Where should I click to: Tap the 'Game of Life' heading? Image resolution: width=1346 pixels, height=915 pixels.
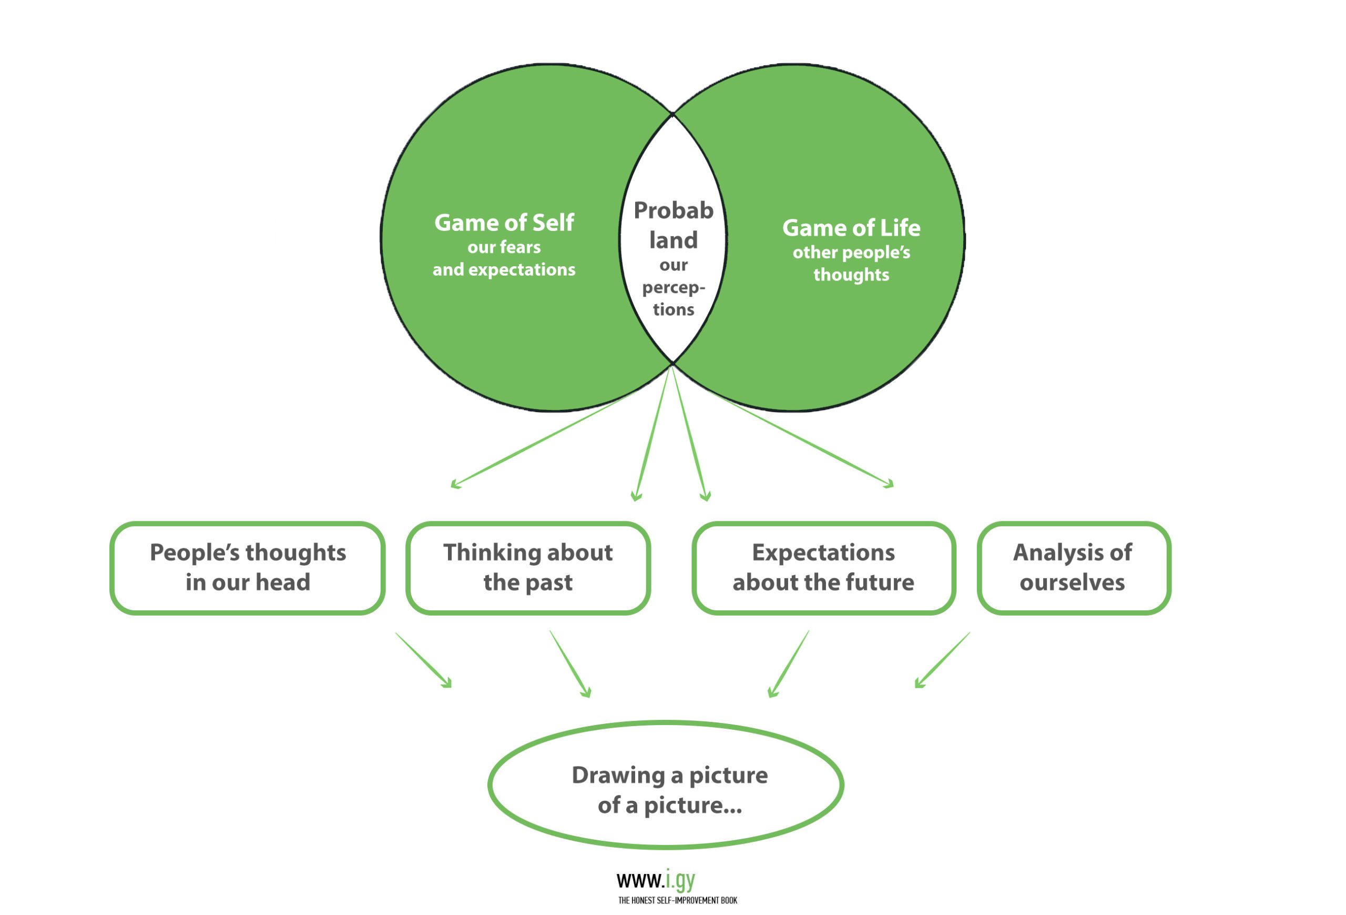(x=851, y=228)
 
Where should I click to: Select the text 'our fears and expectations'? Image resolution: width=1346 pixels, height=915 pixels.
(x=504, y=258)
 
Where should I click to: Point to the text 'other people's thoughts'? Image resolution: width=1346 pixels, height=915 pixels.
(x=851, y=264)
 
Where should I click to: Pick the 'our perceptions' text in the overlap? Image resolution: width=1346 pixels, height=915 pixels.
(x=673, y=287)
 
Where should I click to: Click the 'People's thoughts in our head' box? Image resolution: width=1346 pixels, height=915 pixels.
(x=248, y=568)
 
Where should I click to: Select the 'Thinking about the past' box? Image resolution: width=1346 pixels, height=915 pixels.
(x=528, y=568)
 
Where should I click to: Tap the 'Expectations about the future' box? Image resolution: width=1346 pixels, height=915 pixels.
(x=823, y=568)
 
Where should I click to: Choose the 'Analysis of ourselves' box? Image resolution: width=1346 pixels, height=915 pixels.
(x=1073, y=568)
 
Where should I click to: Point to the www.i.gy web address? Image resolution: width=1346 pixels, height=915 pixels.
(x=656, y=880)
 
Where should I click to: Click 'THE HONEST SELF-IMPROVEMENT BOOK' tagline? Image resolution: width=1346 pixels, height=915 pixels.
(x=677, y=900)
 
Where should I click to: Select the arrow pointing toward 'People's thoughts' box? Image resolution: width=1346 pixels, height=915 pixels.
(x=542, y=440)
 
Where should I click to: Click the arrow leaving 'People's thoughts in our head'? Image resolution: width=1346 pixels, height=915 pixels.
(x=423, y=660)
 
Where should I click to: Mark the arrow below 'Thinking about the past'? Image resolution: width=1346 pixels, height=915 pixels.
(x=570, y=664)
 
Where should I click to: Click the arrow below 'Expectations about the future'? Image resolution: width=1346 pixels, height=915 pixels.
(x=788, y=664)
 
